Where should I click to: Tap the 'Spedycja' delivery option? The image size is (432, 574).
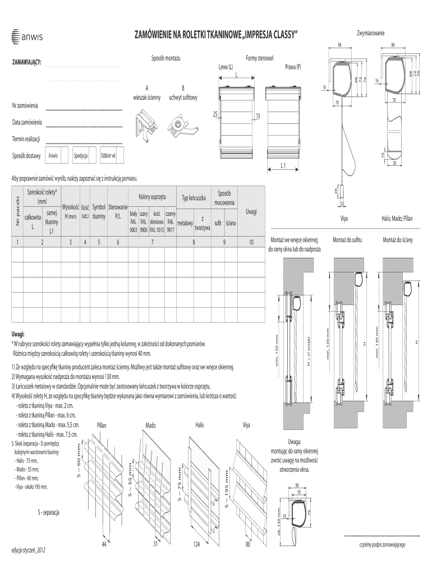pos(81,155)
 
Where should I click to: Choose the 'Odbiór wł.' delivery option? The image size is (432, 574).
pos(108,155)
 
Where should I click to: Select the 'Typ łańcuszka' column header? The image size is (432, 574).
pos(194,198)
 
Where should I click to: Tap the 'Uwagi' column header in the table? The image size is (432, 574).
pos(251,211)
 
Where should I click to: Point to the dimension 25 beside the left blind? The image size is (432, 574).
pos(215,114)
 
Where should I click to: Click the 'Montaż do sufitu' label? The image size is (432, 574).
pos(348,239)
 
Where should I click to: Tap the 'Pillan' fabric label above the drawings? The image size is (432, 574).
pos(102,426)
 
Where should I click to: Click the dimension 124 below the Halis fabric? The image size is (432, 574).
pos(196,544)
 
